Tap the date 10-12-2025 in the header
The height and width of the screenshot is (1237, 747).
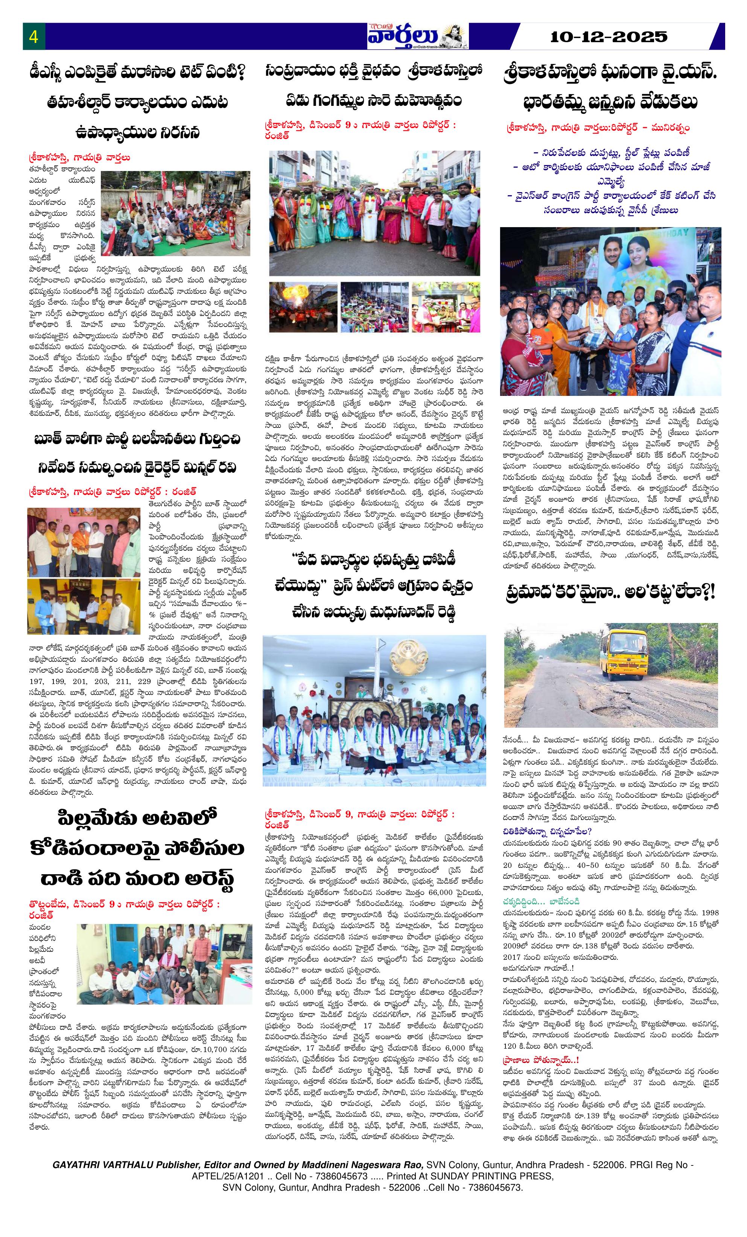609,37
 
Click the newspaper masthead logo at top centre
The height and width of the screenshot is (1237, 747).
417,37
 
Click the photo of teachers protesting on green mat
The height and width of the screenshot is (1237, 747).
175,213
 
